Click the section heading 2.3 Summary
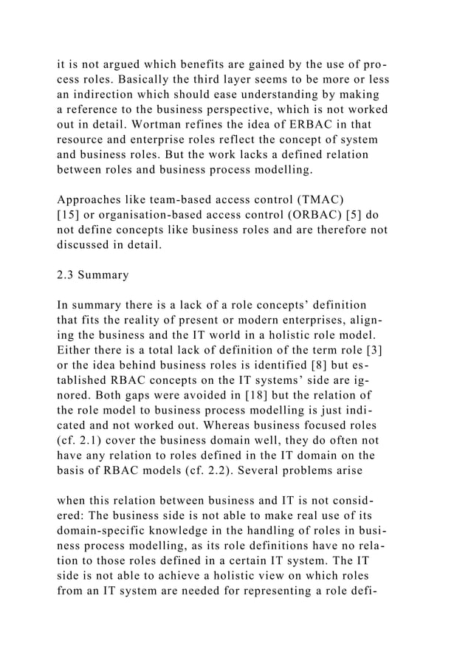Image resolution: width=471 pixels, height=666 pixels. pos(93,275)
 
